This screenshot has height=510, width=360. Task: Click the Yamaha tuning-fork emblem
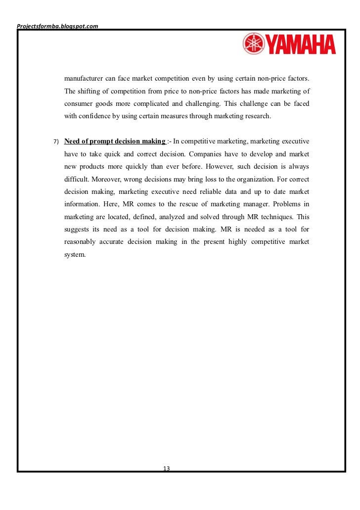point(253,44)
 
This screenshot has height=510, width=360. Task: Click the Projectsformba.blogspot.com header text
point(57,26)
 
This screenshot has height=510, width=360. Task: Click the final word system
point(75,255)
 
